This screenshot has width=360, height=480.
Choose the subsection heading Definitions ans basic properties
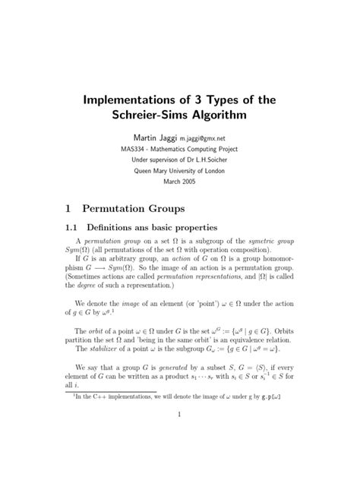(x=158, y=227)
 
